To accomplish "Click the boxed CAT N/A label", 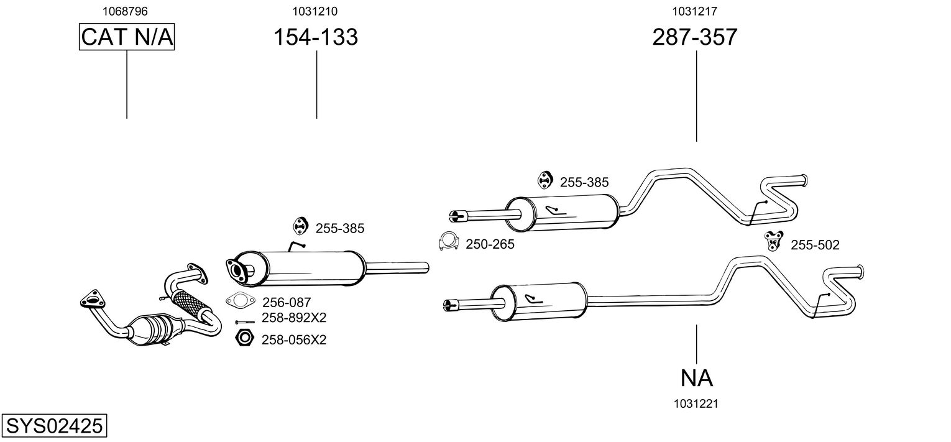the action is point(127,37).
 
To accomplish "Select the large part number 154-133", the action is point(315,37).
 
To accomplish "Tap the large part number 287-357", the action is point(694,37).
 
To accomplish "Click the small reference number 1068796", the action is point(125,11).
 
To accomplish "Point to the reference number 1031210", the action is point(315,11).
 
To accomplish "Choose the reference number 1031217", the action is point(694,11).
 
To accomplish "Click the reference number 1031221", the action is point(696,404).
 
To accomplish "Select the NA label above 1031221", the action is point(696,378).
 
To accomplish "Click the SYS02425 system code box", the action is point(54,425).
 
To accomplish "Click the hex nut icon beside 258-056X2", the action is point(244,338).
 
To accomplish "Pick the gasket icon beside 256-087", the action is point(241,301).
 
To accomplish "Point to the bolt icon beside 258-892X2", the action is point(245,322).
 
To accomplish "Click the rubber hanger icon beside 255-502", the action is point(773,241).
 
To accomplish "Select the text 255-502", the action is point(815,245).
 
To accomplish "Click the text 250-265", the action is point(490,244).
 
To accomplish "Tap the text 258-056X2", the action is point(294,340).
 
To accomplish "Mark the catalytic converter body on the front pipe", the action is point(154,331).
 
